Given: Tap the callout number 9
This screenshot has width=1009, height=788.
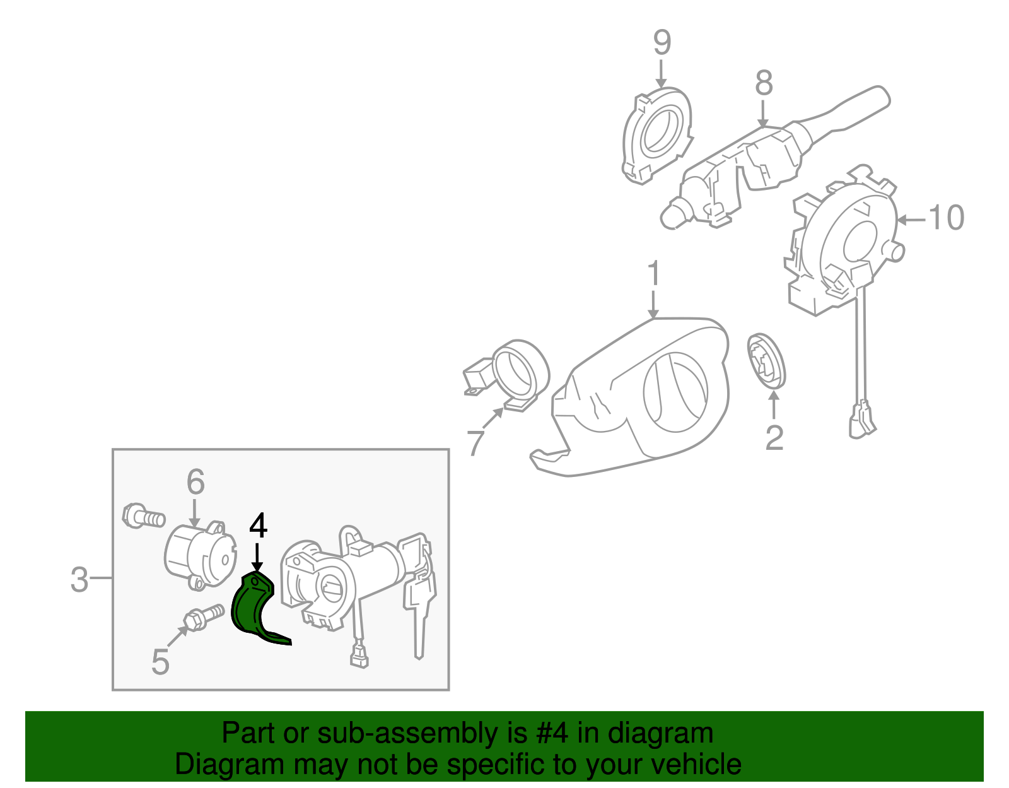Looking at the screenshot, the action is click(662, 42).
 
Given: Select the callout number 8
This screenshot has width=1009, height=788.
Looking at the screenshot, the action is click(764, 83).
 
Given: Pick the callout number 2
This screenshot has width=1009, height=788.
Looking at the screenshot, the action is click(774, 437).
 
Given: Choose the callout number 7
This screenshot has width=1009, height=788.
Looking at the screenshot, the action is click(475, 442).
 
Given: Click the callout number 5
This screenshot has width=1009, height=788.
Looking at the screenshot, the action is click(160, 662).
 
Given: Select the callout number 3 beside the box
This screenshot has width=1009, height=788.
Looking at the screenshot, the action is click(79, 580).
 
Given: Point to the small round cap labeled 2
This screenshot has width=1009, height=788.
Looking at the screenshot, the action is click(766, 361).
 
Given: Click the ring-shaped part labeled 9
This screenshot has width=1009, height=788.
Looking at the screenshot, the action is click(656, 136).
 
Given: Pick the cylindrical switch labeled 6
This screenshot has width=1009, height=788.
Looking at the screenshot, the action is click(200, 555).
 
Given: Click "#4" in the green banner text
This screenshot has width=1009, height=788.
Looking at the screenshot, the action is click(551, 733).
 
